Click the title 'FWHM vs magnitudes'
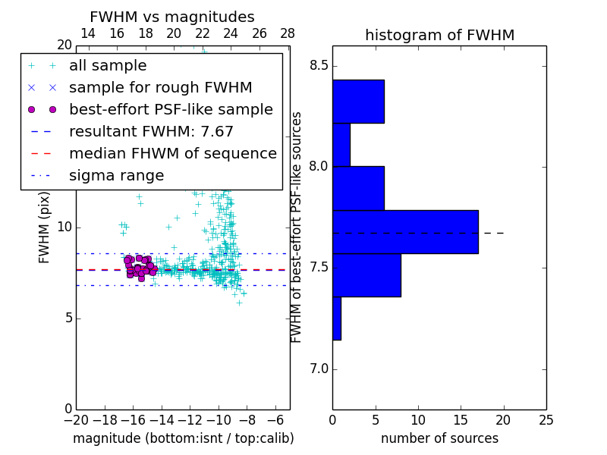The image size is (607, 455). pos(172,17)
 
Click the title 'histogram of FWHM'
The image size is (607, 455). pos(439,35)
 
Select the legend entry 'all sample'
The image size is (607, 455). pos(108,66)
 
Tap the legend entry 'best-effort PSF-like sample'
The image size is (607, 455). pos(171,110)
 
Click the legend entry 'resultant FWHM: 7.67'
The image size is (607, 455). pos(151,132)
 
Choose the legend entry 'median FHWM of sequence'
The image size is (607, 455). pos(172,154)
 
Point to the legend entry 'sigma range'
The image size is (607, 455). pos(116,176)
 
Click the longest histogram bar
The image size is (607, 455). pos(405,231)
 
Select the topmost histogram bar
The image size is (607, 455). pos(358,101)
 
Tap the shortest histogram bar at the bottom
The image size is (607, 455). pos(336,318)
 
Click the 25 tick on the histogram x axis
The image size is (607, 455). pos(545,419)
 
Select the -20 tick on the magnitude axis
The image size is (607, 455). pos(76,419)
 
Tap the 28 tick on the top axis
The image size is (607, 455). pos(288,33)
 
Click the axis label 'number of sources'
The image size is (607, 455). pos(439,438)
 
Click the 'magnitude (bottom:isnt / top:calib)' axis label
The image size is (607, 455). pos(183,438)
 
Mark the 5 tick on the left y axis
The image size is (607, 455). pos(67,318)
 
